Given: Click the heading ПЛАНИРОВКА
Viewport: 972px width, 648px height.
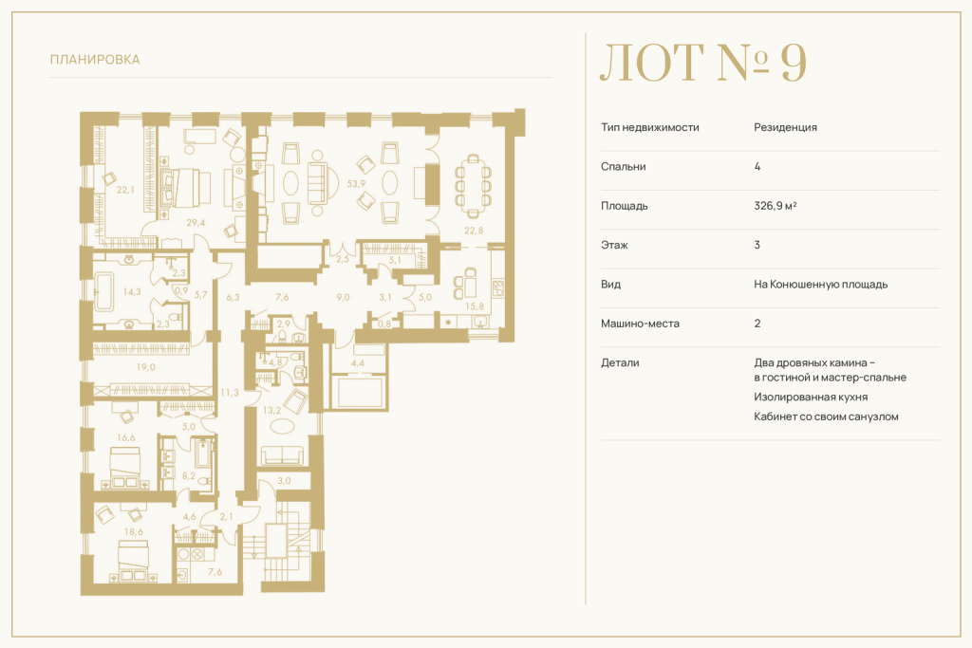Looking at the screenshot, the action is point(95,60).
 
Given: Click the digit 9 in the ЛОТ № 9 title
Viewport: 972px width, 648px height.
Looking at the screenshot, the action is point(793,63).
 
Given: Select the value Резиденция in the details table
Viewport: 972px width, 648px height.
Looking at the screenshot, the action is point(785,127).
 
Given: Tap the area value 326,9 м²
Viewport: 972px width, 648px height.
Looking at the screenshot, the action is point(775,206).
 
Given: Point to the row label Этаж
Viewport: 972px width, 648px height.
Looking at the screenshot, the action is point(614,245).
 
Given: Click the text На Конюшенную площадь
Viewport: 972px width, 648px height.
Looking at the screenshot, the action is point(821,285).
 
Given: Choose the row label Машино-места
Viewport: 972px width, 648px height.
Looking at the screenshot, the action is point(640,324).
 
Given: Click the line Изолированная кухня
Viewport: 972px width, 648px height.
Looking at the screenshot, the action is point(811,398).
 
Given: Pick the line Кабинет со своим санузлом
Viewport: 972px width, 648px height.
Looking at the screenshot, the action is point(826,417).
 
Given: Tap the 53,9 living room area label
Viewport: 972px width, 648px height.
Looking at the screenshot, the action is point(356,183).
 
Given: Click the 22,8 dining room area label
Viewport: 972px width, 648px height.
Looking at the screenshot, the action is point(474,231).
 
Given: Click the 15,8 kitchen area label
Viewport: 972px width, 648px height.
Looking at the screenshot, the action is point(475,306).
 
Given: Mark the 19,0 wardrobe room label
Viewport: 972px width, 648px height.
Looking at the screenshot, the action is point(145,367).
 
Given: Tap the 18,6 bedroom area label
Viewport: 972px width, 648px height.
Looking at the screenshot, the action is point(133,531).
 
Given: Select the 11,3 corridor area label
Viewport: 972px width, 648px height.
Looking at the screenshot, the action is point(230,392).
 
